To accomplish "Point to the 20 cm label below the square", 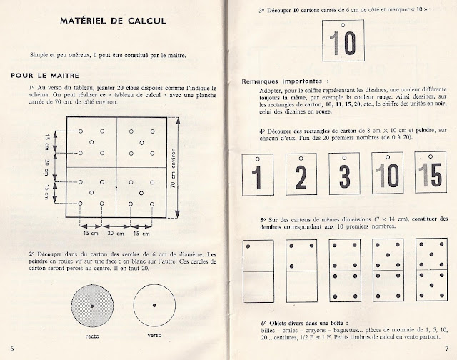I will coord(115,233).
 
